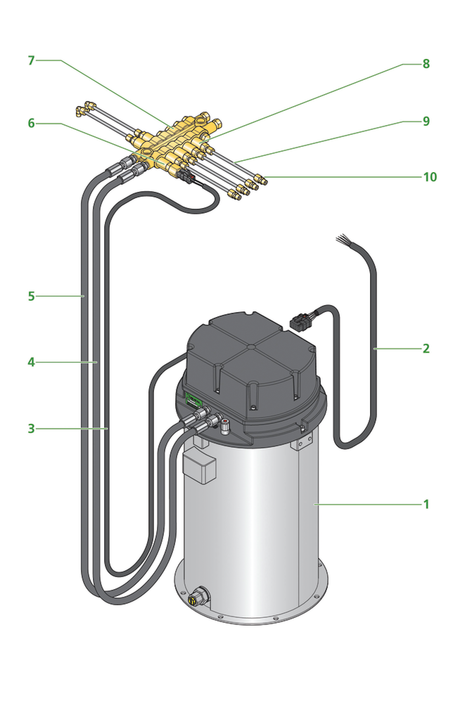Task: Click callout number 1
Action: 426,504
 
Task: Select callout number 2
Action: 426,348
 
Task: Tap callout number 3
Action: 31,429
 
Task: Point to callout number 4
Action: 31,362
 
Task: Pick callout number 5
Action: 31,296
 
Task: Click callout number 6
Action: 31,123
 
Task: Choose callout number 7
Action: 31,60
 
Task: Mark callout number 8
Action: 426,64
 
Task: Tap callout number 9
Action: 426,121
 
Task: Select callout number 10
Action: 430,177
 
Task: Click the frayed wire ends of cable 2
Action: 341,239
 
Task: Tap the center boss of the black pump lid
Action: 251,346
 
